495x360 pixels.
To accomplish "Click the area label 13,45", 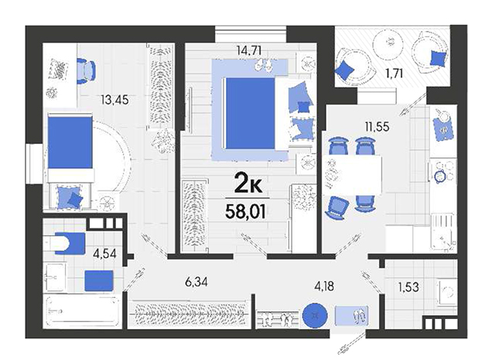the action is (x=114, y=100).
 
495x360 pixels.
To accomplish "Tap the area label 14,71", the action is (x=249, y=50).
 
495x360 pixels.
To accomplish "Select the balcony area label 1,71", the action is (x=394, y=74).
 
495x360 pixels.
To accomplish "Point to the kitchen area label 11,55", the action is (x=377, y=127).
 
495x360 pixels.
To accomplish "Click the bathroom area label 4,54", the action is (x=105, y=253).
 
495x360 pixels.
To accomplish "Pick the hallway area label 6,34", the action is (x=196, y=282).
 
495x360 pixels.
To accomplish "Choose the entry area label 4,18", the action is (x=324, y=286).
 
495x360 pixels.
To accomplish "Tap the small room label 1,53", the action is (x=408, y=287).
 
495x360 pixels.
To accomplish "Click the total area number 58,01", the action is (x=245, y=211).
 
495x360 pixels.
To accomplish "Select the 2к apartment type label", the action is (x=248, y=184).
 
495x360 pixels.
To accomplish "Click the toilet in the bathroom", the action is (x=60, y=243).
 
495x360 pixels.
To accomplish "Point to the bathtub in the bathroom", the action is (x=82, y=311).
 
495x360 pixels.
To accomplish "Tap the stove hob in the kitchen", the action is (x=442, y=172).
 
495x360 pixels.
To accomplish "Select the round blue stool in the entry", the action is (x=315, y=315).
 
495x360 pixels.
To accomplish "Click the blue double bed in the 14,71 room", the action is (x=250, y=113).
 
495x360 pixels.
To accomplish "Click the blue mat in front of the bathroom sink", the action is (x=99, y=280).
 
